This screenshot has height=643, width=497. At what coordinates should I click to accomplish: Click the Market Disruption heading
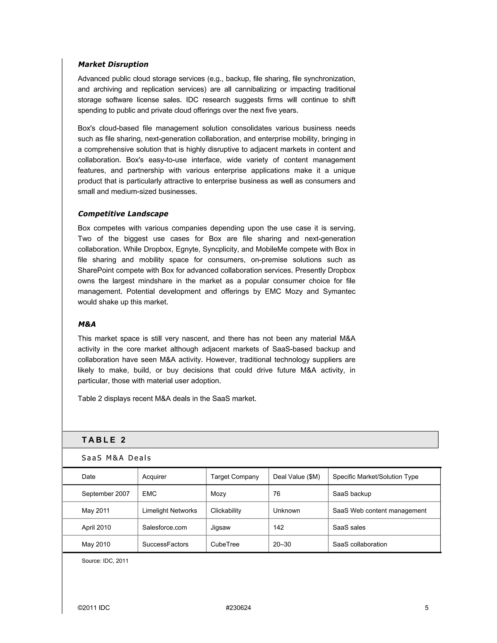(113, 64)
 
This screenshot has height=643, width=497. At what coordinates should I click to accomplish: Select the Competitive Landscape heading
(123, 214)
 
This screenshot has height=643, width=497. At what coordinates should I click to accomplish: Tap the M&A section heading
(87, 324)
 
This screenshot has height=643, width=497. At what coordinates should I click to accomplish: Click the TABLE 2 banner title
(104, 440)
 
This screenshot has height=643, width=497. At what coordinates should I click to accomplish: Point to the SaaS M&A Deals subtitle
(116, 458)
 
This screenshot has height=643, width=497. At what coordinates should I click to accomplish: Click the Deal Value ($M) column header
(296, 477)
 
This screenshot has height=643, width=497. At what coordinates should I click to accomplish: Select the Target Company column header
(235, 477)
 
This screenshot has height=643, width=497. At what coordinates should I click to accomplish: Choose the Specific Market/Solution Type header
(375, 477)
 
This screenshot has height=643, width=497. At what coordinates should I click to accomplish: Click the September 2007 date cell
(106, 494)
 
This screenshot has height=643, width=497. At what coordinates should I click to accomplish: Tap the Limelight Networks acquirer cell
(170, 511)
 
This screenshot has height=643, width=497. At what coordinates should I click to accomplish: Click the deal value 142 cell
(278, 527)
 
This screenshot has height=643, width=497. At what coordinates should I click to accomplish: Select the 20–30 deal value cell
(282, 544)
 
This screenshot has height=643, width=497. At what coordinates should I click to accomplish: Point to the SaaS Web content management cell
(379, 511)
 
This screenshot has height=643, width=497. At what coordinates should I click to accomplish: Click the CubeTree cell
(225, 544)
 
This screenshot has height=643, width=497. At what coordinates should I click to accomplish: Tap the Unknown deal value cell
(287, 511)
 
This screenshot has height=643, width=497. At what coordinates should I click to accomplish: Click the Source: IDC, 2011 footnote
(105, 561)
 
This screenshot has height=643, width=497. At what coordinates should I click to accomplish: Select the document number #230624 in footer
(238, 608)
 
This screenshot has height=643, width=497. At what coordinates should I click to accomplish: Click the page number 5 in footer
(427, 608)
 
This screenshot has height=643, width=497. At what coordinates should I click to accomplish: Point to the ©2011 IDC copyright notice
(94, 608)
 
